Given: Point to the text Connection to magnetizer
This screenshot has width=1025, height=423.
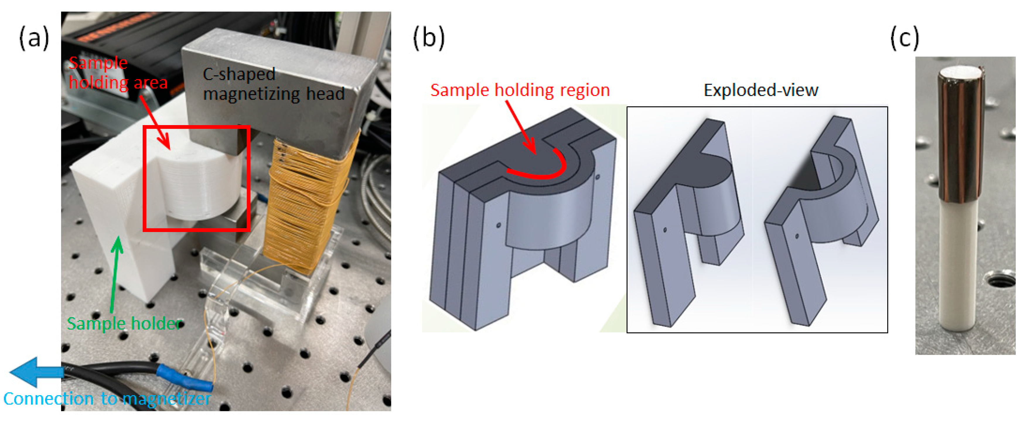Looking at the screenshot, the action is click(x=107, y=399).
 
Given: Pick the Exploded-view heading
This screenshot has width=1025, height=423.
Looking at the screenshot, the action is click(x=761, y=90).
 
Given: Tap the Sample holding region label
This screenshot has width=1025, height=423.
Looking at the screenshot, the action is click(x=520, y=90).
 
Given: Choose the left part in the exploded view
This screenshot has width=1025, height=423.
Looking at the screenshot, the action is click(x=688, y=223).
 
